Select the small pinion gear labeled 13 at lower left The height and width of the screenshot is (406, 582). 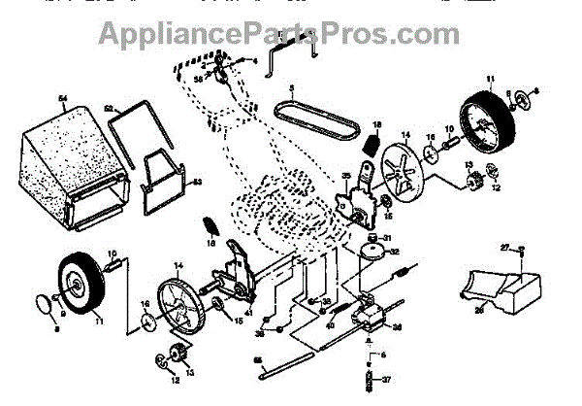[x=178, y=355]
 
